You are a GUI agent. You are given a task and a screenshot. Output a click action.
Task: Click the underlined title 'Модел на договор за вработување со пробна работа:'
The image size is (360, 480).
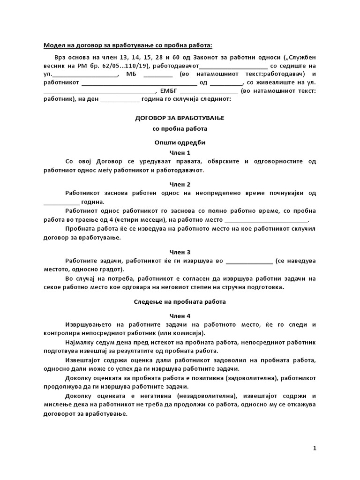[x=127, y=45]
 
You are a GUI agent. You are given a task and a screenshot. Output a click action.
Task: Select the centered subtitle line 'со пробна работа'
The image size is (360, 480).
[x=180, y=128]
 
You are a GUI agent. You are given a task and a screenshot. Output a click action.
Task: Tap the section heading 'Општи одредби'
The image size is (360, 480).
[x=180, y=142]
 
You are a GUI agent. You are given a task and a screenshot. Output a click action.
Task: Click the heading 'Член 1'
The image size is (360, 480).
[x=180, y=153]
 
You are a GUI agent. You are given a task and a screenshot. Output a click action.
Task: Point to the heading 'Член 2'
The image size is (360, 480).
[x=180, y=184]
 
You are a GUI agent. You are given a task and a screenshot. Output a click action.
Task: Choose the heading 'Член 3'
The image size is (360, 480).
[x=180, y=252]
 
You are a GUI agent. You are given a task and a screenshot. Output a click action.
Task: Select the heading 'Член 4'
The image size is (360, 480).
[x=180, y=316]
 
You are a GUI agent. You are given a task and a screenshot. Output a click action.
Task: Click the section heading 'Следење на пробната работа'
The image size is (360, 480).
[x=180, y=302]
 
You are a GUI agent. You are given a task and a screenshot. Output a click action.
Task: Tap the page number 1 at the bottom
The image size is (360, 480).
[x=315, y=449]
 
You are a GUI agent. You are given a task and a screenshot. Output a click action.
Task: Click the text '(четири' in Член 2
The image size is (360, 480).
[x=130, y=220]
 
